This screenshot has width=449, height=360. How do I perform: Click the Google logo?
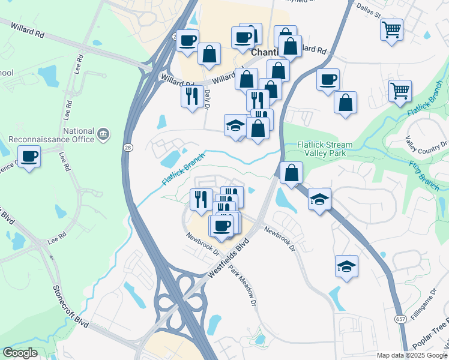[20, 353]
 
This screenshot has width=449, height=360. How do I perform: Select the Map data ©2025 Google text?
[412, 355]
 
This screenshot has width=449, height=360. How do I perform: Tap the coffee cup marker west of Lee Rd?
[29, 157]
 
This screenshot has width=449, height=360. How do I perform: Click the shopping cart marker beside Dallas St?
[391, 29]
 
